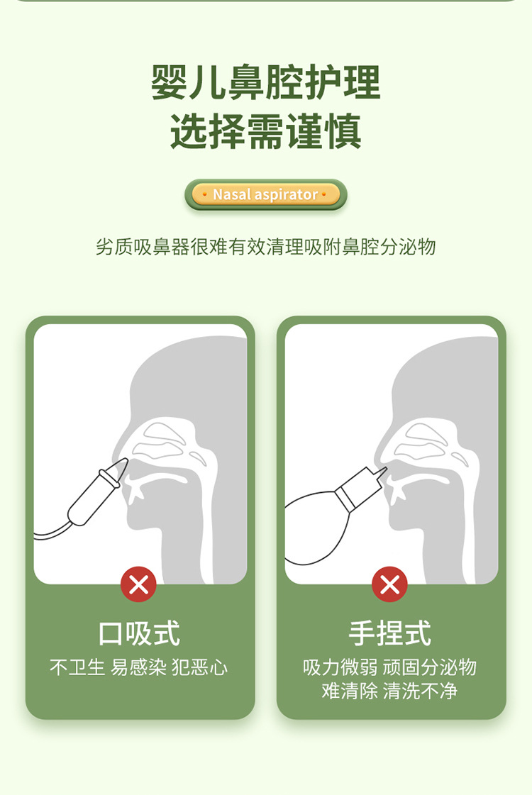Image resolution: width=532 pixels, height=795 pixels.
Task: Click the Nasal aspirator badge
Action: pos(266,194)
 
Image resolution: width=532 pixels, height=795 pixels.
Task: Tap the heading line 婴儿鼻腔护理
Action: pos(266,83)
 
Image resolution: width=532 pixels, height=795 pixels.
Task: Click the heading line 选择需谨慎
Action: pos(266,132)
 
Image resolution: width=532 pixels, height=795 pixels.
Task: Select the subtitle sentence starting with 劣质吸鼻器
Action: pos(266,247)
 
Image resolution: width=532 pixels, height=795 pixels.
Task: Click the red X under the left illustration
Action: pos(138,584)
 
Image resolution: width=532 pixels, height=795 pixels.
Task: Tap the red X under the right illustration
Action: pos(389,584)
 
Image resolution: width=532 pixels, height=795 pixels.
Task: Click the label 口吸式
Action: pos(139,633)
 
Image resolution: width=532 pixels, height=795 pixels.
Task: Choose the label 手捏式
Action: pos(390,633)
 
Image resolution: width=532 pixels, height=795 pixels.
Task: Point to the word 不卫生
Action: pos(77,667)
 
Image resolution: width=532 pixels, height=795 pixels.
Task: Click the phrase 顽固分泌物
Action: pos(430,667)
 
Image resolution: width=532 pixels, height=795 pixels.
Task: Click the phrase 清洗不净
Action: pos(420,691)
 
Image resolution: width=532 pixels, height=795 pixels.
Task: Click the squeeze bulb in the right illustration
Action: pos(312,528)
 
